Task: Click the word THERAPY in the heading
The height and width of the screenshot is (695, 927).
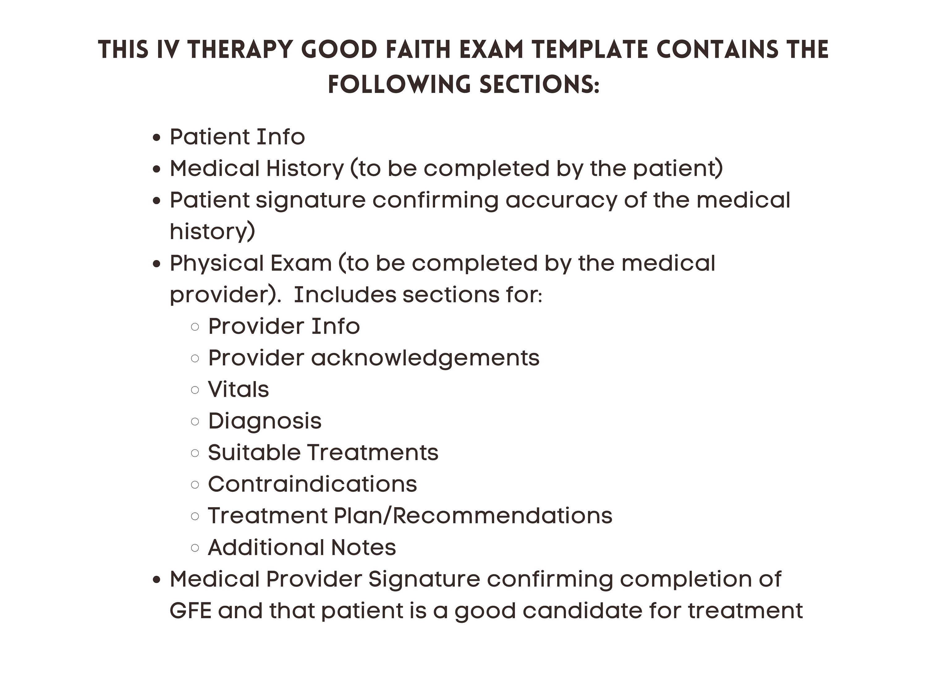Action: tap(240, 49)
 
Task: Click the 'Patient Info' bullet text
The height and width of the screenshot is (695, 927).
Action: tap(237, 137)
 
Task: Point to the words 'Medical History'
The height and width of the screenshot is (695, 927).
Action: tap(256, 168)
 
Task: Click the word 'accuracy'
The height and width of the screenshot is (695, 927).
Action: tap(561, 200)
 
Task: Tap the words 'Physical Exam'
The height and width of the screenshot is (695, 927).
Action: tap(251, 263)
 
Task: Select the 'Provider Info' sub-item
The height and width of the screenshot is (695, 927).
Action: tap(284, 326)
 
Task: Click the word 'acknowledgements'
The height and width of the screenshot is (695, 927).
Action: tap(425, 358)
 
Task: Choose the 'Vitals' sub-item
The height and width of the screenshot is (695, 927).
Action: tap(238, 390)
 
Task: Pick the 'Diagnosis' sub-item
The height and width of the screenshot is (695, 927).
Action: tap(265, 421)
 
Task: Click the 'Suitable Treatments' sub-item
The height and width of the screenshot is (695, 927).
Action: tap(323, 453)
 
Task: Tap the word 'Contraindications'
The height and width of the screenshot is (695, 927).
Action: tap(312, 484)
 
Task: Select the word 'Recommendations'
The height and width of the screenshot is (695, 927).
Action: tap(502, 516)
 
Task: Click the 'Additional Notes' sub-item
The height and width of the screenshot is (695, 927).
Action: tap(302, 548)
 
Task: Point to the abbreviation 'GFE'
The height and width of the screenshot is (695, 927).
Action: tap(190, 611)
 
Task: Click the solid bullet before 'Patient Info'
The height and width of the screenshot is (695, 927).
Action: tap(157, 138)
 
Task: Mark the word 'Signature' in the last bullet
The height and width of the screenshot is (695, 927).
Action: tap(424, 579)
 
